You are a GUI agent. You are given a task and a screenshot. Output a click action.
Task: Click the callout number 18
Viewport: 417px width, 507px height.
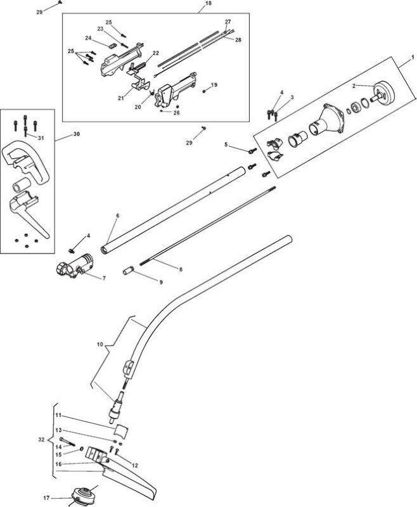tap(208, 4)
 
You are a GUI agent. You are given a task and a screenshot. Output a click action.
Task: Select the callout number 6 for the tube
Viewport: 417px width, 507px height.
tap(117, 215)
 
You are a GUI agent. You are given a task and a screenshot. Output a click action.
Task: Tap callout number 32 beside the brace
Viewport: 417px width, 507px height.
tap(41, 440)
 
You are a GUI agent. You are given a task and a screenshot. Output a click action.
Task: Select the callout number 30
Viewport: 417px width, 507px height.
tap(76, 134)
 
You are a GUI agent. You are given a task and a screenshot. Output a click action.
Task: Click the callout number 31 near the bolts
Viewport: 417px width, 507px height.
tap(41, 138)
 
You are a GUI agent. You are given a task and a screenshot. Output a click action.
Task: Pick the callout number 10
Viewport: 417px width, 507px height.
tap(100, 345)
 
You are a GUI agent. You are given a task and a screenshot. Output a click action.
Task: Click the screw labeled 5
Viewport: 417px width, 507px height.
tap(252, 150)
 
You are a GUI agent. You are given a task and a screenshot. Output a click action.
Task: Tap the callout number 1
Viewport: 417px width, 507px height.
tap(413, 57)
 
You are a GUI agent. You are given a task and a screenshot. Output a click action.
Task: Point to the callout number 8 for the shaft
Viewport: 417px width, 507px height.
tap(181, 269)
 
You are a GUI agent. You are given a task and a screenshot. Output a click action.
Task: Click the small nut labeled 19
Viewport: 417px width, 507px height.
tap(205, 91)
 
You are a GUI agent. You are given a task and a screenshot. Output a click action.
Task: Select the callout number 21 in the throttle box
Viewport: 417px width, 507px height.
tap(121, 98)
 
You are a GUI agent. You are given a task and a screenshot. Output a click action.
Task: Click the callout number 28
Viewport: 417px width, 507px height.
tap(238, 40)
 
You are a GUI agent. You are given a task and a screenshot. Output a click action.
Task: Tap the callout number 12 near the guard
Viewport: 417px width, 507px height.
tap(135, 466)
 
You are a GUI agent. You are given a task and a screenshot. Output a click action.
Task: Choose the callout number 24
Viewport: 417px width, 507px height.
tap(88, 38)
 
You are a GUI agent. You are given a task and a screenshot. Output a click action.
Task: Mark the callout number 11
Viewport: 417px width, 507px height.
tap(58, 415)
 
